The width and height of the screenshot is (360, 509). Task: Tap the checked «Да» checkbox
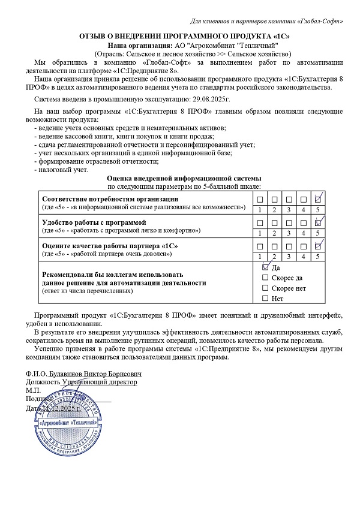point(266,267)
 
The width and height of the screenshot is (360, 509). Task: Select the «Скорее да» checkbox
point(266,278)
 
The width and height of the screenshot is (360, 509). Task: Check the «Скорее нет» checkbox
point(266,288)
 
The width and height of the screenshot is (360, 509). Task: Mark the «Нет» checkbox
point(266,298)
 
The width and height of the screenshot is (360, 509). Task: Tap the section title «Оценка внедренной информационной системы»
point(184,179)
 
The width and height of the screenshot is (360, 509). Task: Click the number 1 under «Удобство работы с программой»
point(259,233)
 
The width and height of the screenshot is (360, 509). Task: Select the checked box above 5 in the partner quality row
point(319,246)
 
